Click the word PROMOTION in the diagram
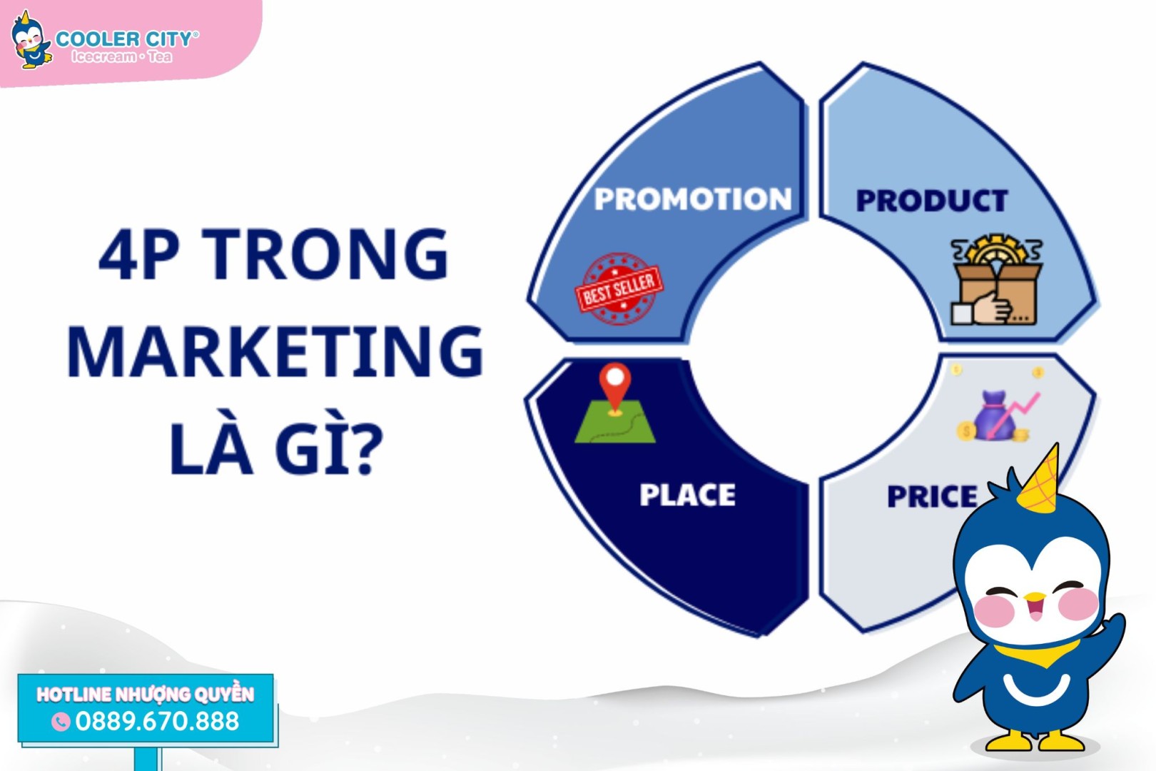click(x=693, y=198)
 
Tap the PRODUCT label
click(x=932, y=201)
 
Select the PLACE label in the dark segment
click(x=687, y=495)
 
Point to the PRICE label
click(x=932, y=497)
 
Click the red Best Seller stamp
click(x=619, y=288)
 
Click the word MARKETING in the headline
click(x=275, y=352)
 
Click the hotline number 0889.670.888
click(x=158, y=721)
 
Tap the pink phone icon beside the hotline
click(x=61, y=722)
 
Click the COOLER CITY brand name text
click(x=126, y=39)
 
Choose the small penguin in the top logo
click(x=31, y=41)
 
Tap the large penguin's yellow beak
click(x=1034, y=598)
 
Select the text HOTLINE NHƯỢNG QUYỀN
click(x=146, y=695)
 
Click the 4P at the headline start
click(x=139, y=256)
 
